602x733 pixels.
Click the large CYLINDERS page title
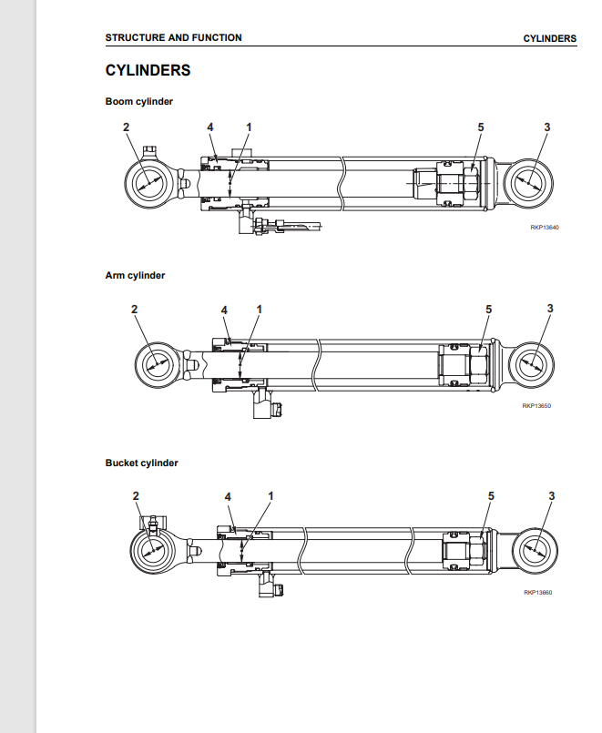[x=148, y=70]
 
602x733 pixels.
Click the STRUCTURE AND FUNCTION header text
[x=173, y=38]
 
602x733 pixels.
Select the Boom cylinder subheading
[x=138, y=101]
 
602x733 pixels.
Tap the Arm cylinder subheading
[x=135, y=275]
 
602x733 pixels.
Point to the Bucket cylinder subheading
[x=141, y=463]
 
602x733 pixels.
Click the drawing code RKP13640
[x=545, y=228]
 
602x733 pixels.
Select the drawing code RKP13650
[x=536, y=406]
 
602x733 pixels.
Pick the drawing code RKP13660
[x=538, y=592]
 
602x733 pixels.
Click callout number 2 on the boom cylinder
[x=126, y=127]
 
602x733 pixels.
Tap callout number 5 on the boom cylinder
[x=481, y=127]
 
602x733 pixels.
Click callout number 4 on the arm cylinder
[x=224, y=310]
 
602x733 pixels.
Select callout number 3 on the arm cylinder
[x=550, y=309]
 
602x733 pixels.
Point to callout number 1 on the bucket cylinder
[x=270, y=495]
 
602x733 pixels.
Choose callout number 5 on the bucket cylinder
[x=491, y=495]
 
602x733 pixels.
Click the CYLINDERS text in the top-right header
[x=550, y=38]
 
